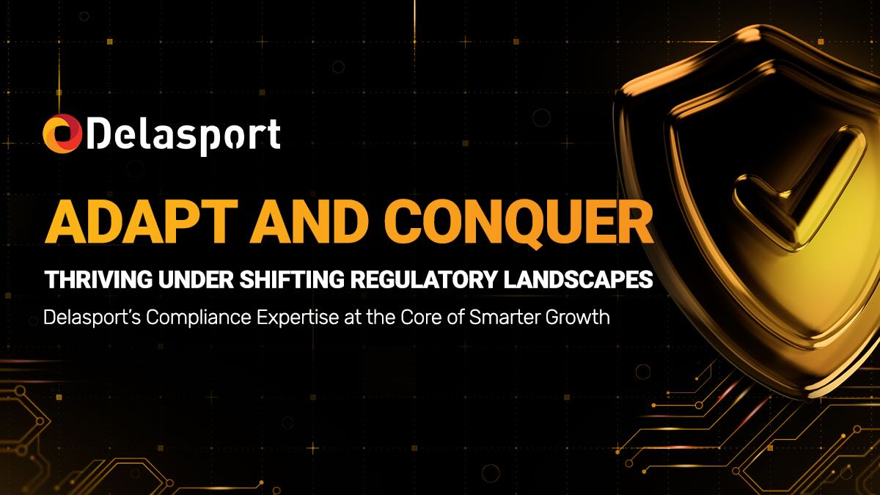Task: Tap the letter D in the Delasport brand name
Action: pos(100,135)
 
